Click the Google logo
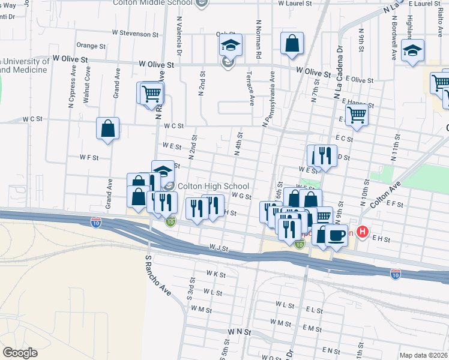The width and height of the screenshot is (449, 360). pos(20,353)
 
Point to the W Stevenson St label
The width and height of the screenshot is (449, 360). pos(134,33)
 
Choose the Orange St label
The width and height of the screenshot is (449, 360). pos(91,45)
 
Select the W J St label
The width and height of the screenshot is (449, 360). pos(219,247)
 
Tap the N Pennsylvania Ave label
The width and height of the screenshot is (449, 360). pos(268,100)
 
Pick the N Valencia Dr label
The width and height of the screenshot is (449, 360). pos(179,32)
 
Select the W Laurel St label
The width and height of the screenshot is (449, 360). pos(295,4)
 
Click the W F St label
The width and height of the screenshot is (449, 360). pos(89,157)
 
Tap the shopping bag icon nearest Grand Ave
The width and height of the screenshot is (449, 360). pos(107,128)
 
